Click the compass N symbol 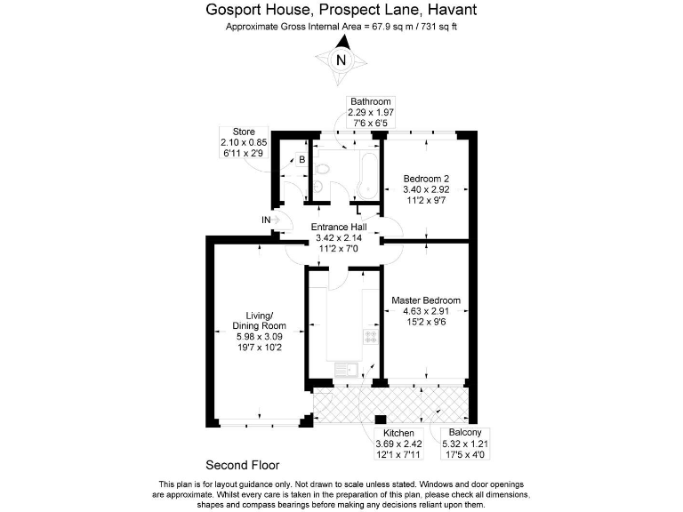point(341,60)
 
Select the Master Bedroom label point(426,300)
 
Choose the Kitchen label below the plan point(393,433)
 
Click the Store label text point(244,132)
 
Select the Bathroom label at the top point(371,101)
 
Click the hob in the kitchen point(370,336)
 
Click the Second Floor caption point(243,465)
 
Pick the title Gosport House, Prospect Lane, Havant point(341,11)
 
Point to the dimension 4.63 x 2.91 point(426,312)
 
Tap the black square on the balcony point(380,420)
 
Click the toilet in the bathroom point(318,188)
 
